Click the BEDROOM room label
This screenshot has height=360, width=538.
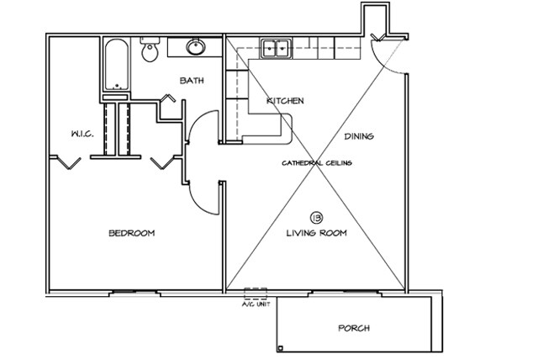point(132,233)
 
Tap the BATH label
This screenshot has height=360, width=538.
point(192,80)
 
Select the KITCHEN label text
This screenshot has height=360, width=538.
point(285,101)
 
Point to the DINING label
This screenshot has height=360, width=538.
point(359,136)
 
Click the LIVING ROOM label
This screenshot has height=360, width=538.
point(316,233)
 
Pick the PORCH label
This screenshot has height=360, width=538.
point(354,328)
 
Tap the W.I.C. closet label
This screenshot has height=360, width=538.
point(82,134)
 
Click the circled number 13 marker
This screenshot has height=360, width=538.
point(316,217)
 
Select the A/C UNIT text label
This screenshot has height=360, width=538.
point(256,304)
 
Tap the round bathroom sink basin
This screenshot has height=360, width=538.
point(196,46)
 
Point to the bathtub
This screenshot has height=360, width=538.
point(117,65)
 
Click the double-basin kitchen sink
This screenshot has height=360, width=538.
point(276,49)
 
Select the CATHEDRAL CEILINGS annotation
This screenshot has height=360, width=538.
point(317,163)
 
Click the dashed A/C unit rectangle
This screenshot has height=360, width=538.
point(256,294)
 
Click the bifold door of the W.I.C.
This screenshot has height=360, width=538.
point(69,163)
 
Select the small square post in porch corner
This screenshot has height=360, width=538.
point(280,348)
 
